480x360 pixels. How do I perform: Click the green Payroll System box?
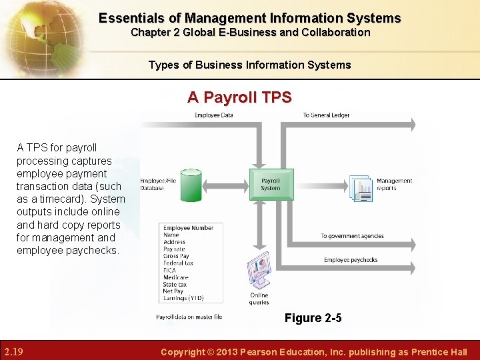(271, 183)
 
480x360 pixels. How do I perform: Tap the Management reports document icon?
(361, 188)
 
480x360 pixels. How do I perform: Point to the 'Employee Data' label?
(213, 115)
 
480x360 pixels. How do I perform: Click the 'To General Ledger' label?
(326, 115)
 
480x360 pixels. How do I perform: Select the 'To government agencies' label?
(352, 236)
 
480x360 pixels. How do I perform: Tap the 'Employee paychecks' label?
(351, 260)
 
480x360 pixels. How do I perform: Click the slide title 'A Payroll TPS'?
(239, 97)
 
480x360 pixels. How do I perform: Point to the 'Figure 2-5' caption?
(313, 318)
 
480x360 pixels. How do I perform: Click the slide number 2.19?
(14, 351)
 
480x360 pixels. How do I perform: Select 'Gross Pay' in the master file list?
(176, 256)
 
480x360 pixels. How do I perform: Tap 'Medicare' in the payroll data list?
(175, 277)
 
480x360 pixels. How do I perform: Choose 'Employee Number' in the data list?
(188, 228)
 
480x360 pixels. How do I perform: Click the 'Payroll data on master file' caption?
(189, 317)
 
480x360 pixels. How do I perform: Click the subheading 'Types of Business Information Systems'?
(249, 65)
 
